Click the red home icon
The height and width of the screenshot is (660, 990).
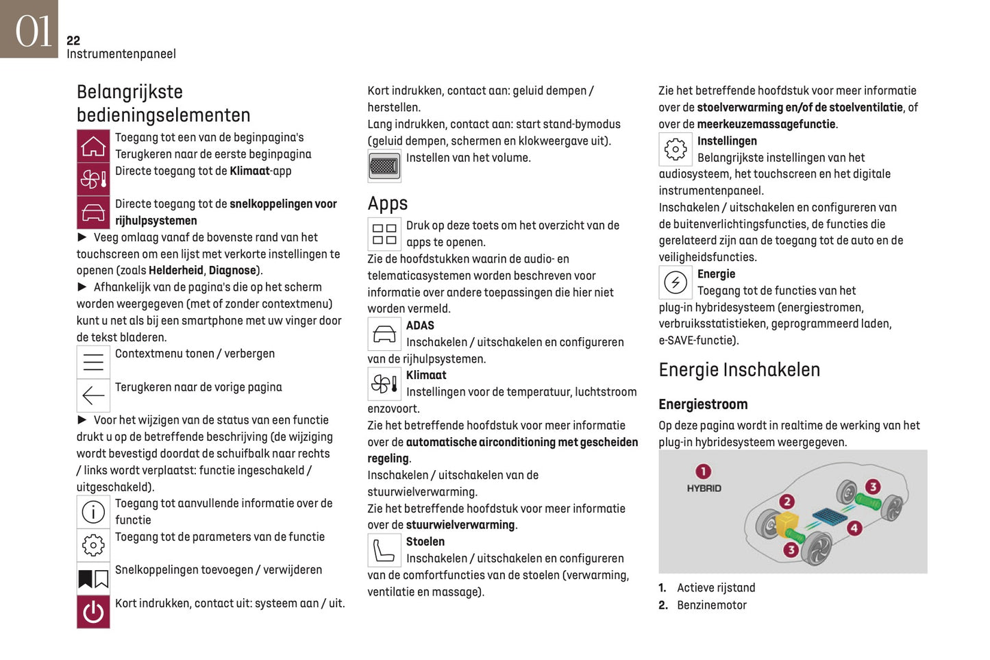[x=93, y=146]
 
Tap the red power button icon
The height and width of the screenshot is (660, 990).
[x=93, y=611]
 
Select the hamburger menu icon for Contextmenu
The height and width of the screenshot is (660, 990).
[x=93, y=362]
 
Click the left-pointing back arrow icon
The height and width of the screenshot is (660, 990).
[x=93, y=395]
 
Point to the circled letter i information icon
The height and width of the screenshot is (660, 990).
[x=93, y=511]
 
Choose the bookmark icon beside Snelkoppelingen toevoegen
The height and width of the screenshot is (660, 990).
[x=93, y=578]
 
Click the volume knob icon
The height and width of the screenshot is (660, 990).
[x=384, y=166]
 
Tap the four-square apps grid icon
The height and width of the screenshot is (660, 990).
[x=384, y=234]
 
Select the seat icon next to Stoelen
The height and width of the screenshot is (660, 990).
[x=384, y=550]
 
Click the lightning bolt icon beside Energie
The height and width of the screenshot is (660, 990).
[x=676, y=282]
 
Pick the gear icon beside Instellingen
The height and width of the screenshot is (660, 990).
[x=676, y=149]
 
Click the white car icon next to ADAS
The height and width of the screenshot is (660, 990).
[x=384, y=334]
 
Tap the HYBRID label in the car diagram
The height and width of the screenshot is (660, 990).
[x=704, y=488]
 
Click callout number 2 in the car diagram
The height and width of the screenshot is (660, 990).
[x=787, y=501]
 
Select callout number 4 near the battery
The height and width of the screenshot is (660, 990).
[x=854, y=528]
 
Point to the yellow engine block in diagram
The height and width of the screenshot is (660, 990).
[x=787, y=524]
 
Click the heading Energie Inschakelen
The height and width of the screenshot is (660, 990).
[x=739, y=370]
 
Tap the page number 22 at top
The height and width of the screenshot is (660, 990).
[x=73, y=40]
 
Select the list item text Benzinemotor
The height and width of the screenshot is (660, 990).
[x=711, y=605]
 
